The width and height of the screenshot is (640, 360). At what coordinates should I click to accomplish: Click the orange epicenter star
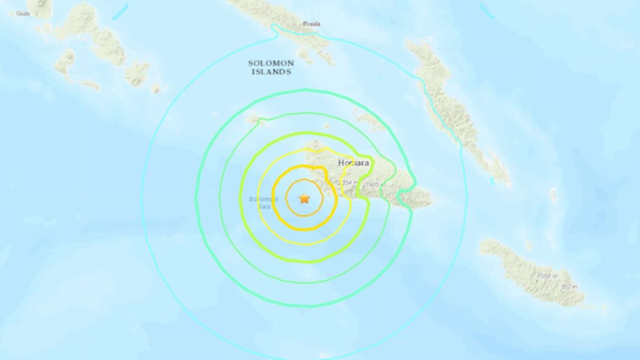pos(304,198)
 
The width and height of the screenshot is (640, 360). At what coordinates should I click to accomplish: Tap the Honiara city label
pos(355,163)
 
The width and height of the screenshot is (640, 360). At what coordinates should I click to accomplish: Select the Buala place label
pos(311,23)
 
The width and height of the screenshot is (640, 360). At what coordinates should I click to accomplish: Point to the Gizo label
pos(23,13)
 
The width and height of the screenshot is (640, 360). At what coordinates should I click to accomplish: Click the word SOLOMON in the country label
pos(270,63)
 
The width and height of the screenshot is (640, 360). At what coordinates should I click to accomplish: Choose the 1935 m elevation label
pos(373,185)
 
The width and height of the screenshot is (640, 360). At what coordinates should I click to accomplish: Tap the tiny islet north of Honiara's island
pos(327,126)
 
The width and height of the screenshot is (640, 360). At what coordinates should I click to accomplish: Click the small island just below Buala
pos(306,54)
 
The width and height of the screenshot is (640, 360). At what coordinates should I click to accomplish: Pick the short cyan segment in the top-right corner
pos(487,11)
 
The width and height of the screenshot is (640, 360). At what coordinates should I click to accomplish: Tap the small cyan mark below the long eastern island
pos(492,182)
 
